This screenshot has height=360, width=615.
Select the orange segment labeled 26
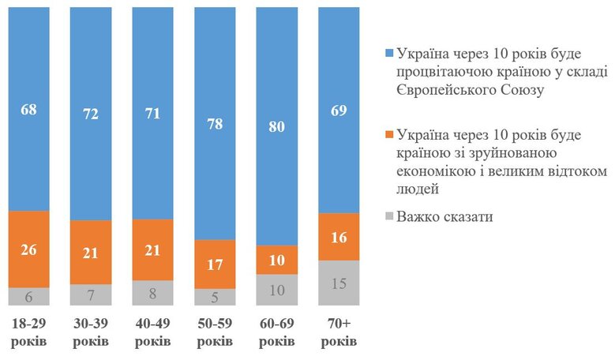(x=29, y=249)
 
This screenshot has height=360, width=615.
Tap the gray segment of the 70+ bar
(x=339, y=283)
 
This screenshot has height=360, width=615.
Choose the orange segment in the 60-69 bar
(x=276, y=260)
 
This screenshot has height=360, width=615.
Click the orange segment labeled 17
(x=215, y=264)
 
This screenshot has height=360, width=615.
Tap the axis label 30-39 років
(x=91, y=334)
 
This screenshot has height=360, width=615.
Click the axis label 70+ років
(x=339, y=334)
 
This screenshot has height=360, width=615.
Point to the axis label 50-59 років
(x=215, y=334)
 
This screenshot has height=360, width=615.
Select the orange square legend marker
(x=388, y=135)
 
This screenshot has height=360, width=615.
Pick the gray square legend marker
(x=388, y=216)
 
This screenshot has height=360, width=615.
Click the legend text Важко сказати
(x=445, y=216)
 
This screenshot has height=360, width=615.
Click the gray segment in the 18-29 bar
(x=29, y=296)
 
